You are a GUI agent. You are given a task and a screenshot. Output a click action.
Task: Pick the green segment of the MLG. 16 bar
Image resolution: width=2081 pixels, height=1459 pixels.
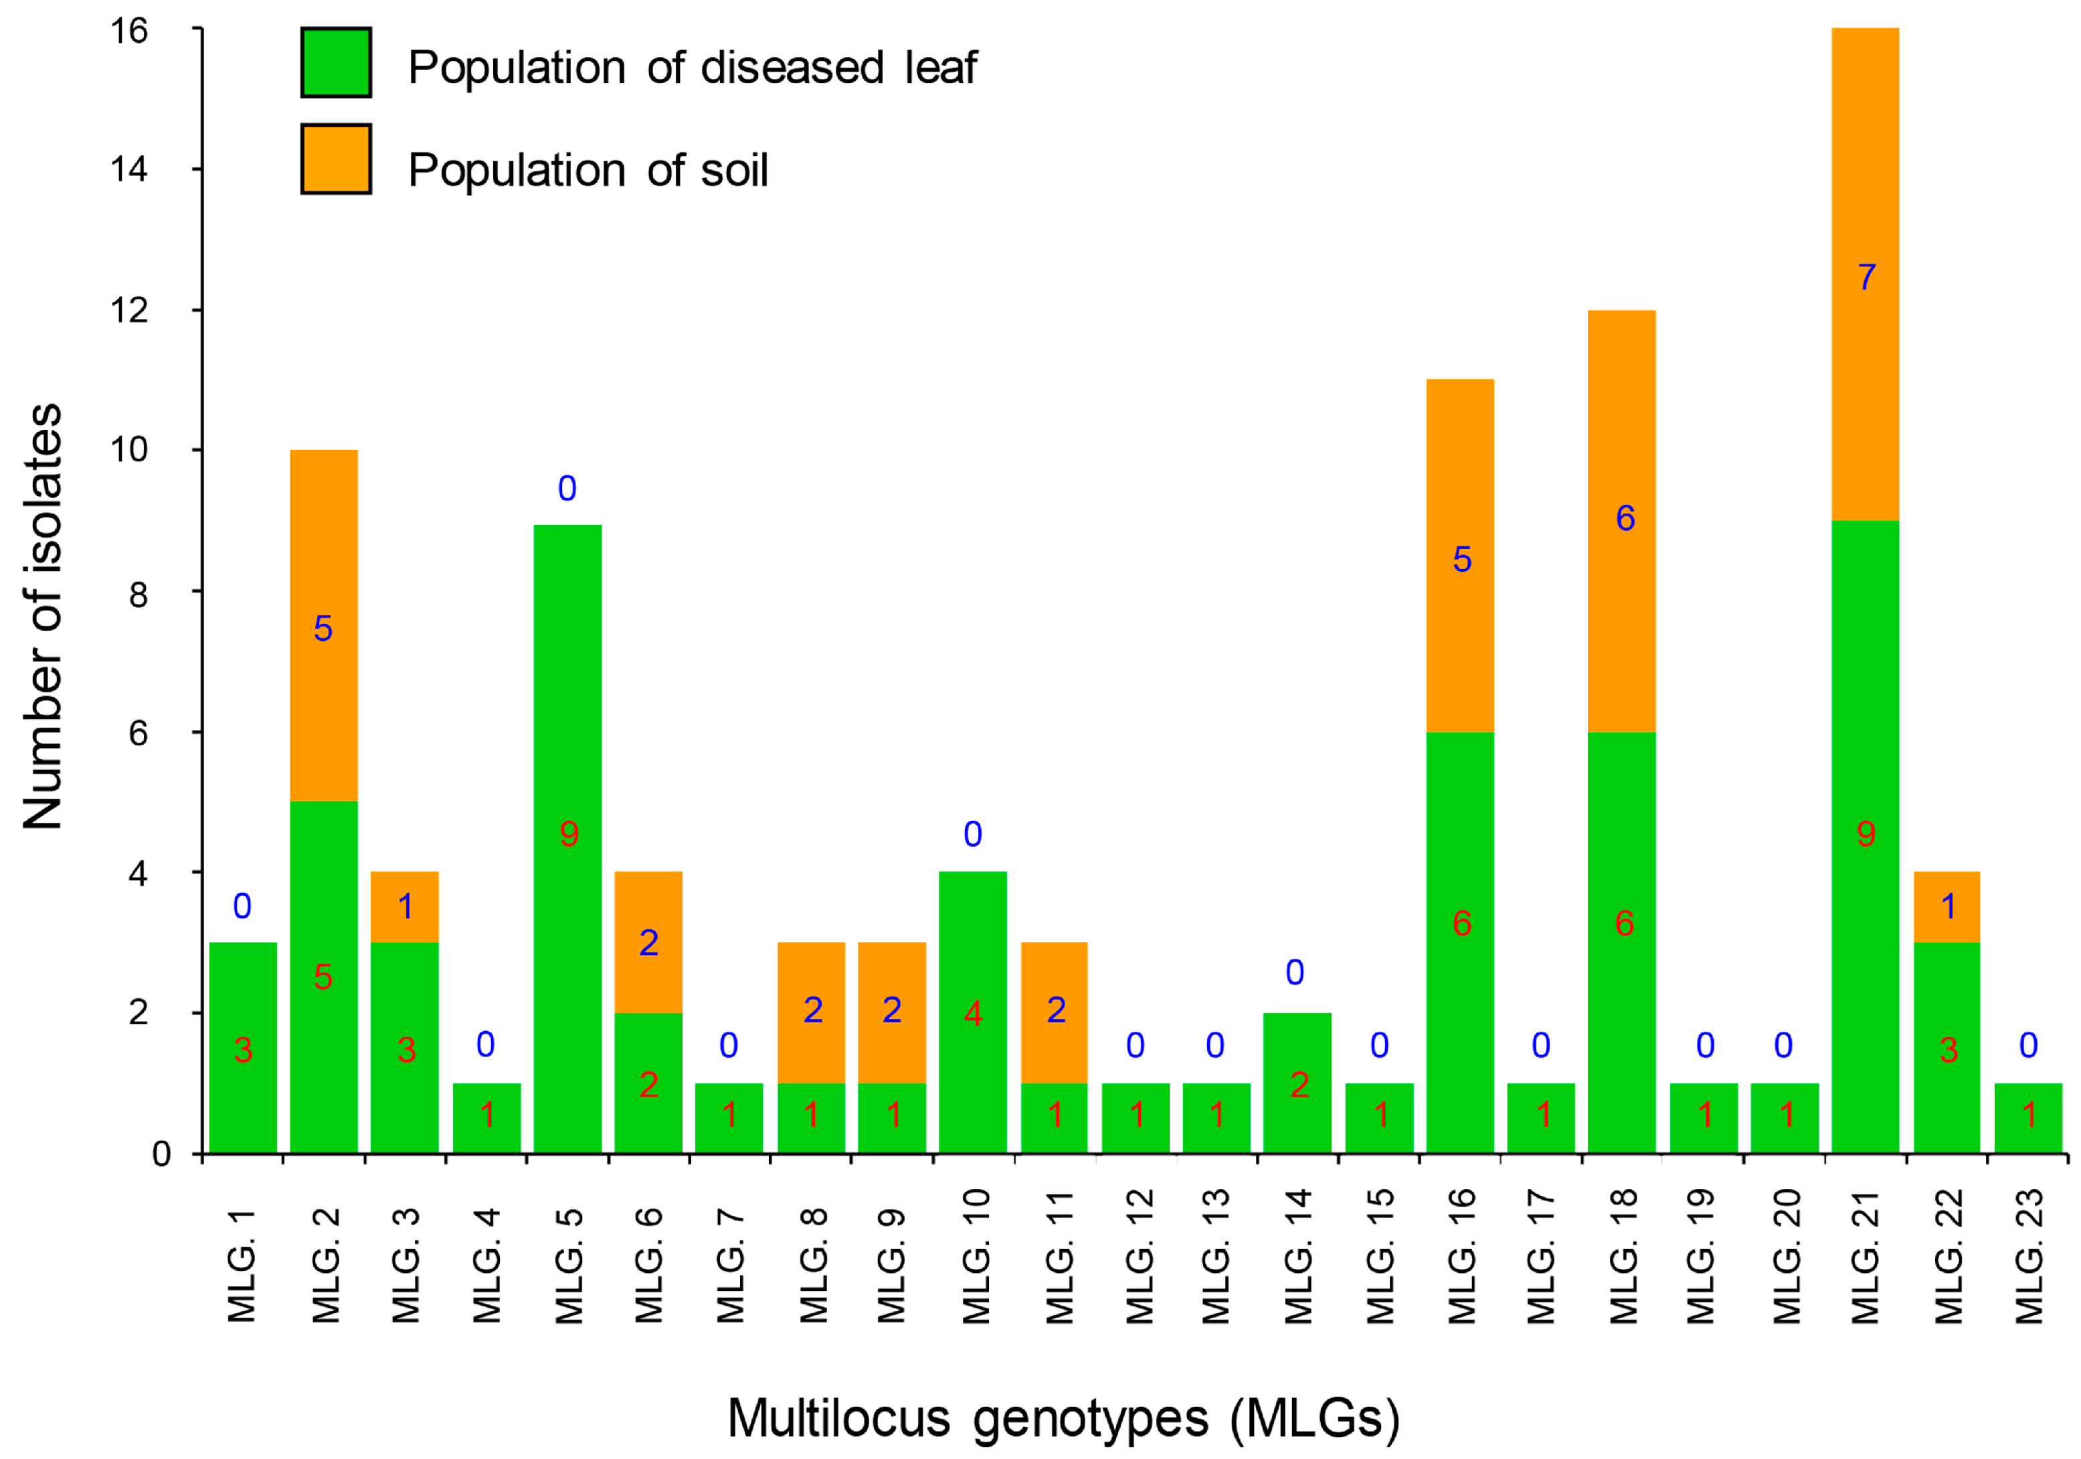tap(1460, 943)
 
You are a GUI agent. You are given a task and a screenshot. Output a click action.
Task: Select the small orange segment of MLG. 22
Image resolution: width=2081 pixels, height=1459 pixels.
tap(1947, 906)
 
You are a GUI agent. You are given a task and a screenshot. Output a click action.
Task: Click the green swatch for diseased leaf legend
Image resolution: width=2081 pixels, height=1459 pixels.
tap(337, 62)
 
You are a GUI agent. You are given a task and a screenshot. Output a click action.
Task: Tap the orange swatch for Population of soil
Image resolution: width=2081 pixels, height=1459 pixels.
tap(337, 159)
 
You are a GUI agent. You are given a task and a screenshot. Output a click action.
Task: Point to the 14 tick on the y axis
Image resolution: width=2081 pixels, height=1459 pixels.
tap(128, 169)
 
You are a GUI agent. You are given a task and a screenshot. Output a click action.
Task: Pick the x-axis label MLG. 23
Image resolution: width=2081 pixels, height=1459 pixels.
tap(2028, 1256)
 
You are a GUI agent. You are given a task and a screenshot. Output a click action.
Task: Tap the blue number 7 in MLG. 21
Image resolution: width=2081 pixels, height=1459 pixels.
tap(1866, 277)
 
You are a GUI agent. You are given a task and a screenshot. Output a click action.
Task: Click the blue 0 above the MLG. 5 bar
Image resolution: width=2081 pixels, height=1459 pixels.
tap(567, 489)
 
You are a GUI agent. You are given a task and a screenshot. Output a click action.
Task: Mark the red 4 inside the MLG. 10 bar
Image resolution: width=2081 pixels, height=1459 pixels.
tap(972, 1014)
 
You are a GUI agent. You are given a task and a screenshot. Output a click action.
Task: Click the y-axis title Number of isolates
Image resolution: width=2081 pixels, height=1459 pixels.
tap(43, 617)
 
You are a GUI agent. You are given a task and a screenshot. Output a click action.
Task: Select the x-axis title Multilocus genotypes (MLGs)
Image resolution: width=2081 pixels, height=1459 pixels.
tap(1063, 1417)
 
